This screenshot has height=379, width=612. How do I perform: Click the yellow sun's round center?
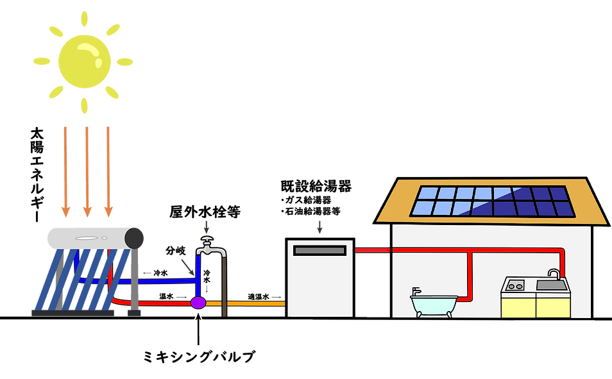(85, 61)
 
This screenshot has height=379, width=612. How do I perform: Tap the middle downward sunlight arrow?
(87, 170)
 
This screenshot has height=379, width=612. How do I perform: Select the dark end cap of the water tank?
(135, 238)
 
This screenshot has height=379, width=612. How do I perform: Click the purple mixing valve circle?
(198, 302)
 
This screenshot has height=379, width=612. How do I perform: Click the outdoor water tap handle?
(206, 241)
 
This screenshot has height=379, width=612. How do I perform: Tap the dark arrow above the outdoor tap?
(206, 226)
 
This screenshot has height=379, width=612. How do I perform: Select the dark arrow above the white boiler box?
(319, 227)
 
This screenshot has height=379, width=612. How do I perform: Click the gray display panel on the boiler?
(319, 250)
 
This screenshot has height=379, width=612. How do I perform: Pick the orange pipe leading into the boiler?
(250, 303)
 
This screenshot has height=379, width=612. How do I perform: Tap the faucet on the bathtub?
(416, 292)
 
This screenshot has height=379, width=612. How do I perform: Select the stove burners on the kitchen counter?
(515, 285)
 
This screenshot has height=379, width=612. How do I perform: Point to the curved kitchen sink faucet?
(553, 274)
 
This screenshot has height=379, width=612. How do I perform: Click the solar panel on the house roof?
(493, 201)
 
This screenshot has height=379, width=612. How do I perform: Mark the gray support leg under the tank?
(134, 282)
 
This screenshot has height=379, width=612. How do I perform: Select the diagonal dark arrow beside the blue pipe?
(187, 266)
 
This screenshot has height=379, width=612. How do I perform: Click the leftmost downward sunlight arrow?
(65, 170)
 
